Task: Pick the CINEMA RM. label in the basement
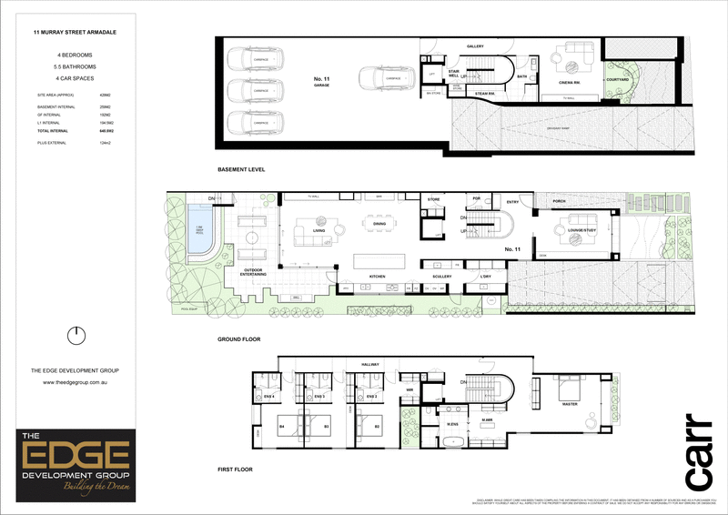(x=571, y=82)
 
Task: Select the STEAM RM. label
(x=483, y=93)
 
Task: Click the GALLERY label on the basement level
(x=474, y=45)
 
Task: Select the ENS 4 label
(x=268, y=397)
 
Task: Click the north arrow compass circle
(x=77, y=335)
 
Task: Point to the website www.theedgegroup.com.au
(x=77, y=382)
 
